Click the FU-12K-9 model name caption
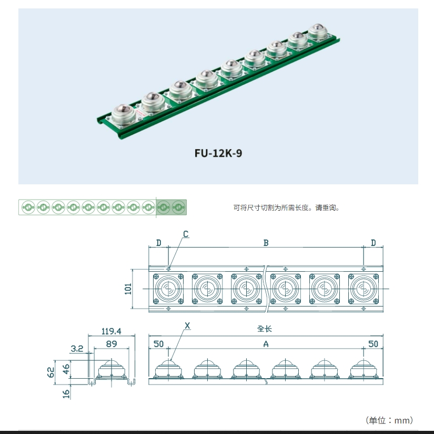tap(218, 154)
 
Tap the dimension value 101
tap(128, 289)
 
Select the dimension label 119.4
tap(111, 331)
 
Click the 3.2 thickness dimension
tap(77, 348)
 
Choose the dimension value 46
tap(66, 369)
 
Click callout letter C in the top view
tap(185, 234)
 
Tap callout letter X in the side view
tap(188, 326)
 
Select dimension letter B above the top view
tap(266, 243)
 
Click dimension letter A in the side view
tap(266, 344)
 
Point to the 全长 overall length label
tap(265, 329)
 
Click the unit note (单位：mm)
tap(389, 420)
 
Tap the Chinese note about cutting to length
tap(287, 208)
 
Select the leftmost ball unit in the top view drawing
tap(168, 289)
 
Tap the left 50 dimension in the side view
tap(158, 344)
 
